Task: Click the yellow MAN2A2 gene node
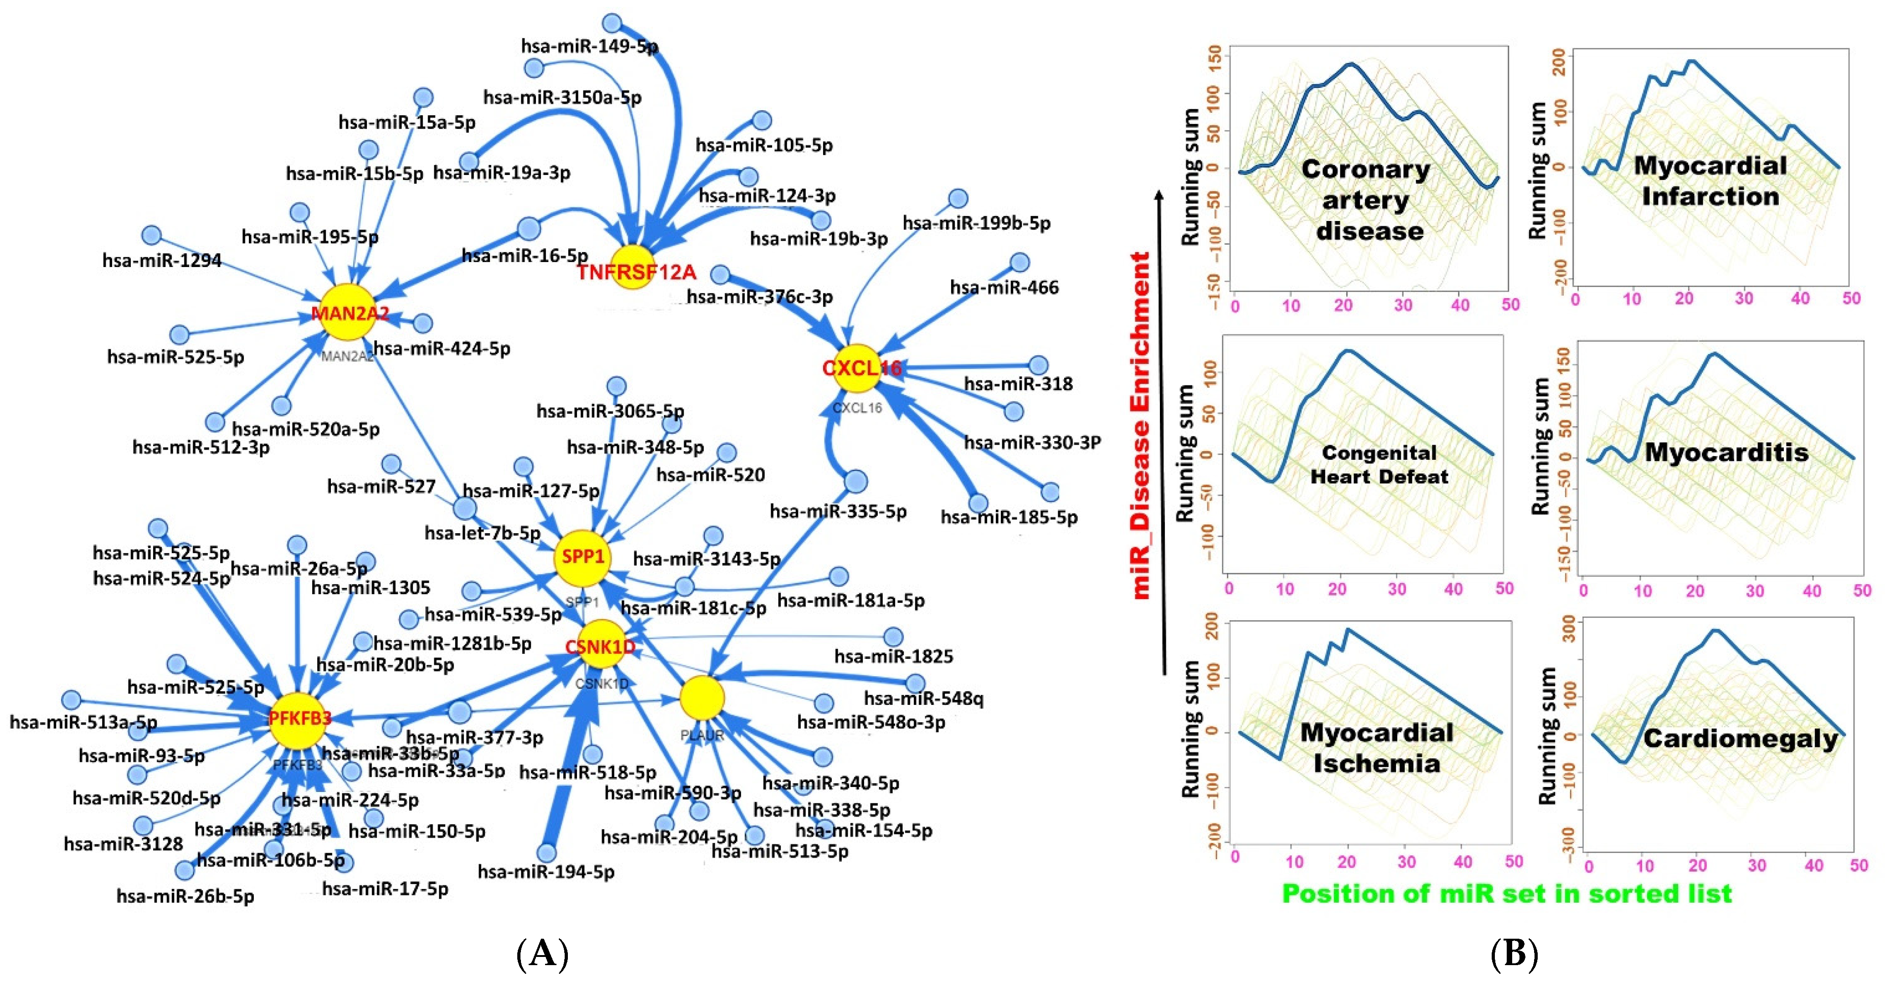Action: click(x=348, y=313)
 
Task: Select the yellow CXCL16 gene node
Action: click(x=856, y=368)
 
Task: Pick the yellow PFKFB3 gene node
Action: click(x=298, y=720)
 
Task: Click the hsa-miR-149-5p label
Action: click(x=589, y=46)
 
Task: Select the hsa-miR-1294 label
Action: click(x=162, y=261)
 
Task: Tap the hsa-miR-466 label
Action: click(x=1004, y=288)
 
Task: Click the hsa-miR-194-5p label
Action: click(x=546, y=871)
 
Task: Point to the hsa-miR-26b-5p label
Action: click(x=185, y=896)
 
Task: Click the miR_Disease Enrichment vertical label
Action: click(x=1140, y=424)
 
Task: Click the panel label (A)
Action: click(x=542, y=954)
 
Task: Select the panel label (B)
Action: click(x=1514, y=954)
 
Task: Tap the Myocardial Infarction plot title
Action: click(x=1710, y=181)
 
